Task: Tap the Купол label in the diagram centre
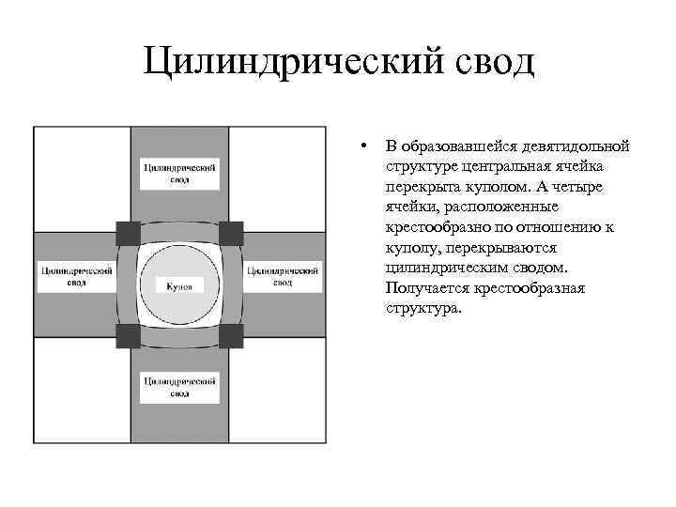pos(178,285)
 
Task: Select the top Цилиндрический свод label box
pos(179,173)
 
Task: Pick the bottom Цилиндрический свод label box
pos(179,387)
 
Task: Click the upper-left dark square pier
pos(128,232)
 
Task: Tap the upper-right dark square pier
pos(231,232)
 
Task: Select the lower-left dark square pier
pos(128,335)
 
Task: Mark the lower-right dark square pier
pos(231,335)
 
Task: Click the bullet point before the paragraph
pos(361,146)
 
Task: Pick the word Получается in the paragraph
pos(423,288)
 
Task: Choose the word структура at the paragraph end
pos(422,308)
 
